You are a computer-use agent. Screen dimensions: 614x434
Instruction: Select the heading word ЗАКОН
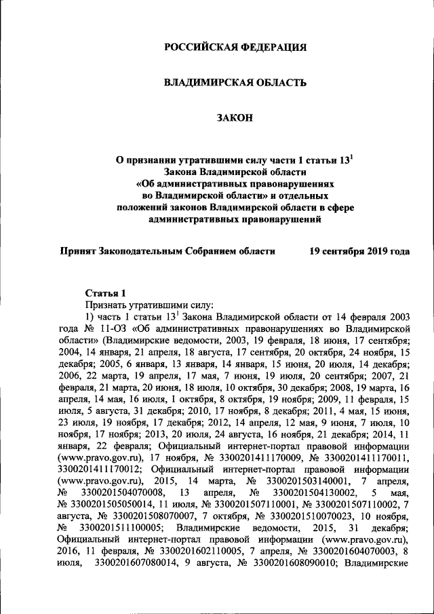point(235,118)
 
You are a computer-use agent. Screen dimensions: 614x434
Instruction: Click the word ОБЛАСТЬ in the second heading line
point(279,83)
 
